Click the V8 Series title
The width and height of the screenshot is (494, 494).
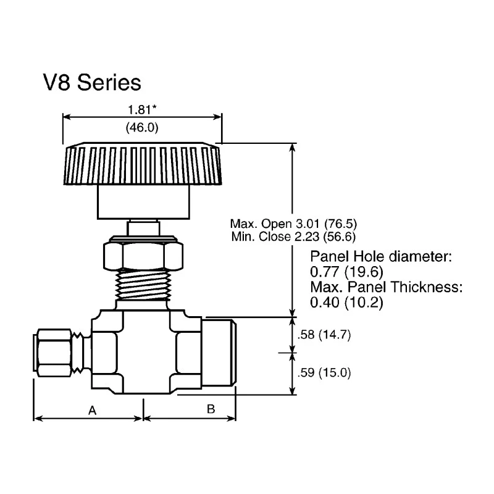coord(92,83)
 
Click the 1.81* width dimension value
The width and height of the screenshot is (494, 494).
coord(142,110)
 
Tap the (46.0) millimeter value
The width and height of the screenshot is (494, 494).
coord(142,128)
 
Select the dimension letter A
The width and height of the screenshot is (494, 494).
coord(92,411)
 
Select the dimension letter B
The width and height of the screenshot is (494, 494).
coord(211,409)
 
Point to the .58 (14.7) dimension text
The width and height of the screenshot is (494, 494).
coord(324,335)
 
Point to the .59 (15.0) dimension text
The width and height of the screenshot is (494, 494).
coord(324,373)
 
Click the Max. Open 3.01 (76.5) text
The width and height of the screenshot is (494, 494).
coord(293,224)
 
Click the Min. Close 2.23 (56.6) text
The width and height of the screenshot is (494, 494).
coord(293,237)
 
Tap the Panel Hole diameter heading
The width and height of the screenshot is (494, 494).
coord(381,256)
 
